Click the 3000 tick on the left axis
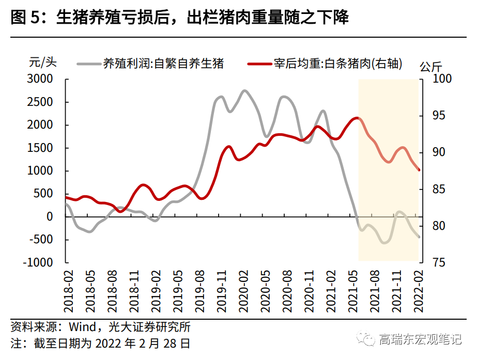[40, 79]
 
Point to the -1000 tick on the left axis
[38, 262]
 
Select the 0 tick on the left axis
[49, 217]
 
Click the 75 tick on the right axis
[429, 262]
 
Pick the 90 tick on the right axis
[429, 152]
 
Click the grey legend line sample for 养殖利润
[89, 64]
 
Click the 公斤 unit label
[430, 67]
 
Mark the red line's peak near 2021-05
[356, 118]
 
